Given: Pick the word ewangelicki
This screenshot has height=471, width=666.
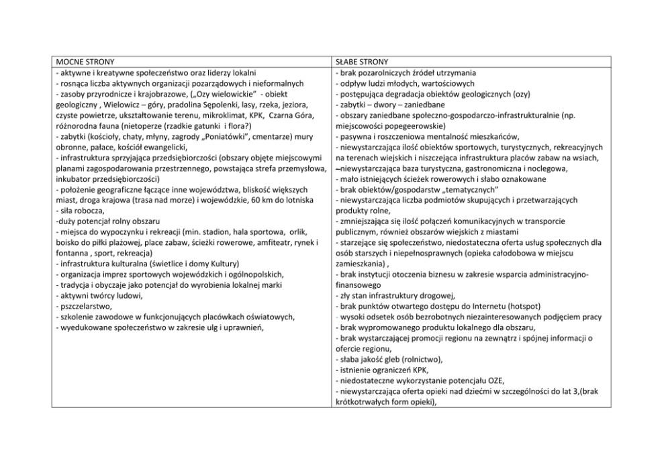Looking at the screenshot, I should point(160,147).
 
